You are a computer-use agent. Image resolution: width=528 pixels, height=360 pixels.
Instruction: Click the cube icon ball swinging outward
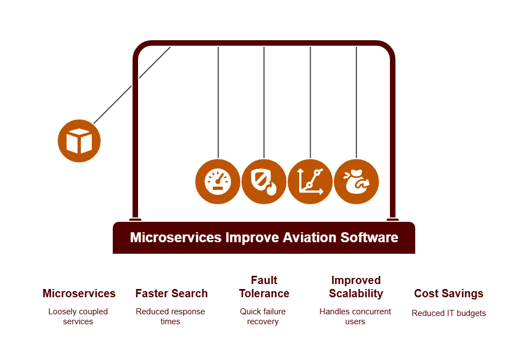point(79,141)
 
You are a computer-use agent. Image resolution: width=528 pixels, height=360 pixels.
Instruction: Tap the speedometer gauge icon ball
point(218,182)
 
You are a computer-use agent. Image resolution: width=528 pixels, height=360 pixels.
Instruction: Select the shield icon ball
point(264,182)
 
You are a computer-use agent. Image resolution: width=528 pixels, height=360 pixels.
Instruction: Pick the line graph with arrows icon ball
point(310,182)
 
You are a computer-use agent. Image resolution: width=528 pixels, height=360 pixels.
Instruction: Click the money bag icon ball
point(356,182)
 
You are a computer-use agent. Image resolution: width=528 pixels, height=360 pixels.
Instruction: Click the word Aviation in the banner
point(310,237)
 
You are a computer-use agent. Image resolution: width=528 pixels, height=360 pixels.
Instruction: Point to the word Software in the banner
point(370,237)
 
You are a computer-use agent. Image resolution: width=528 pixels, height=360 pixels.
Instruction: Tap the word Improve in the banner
point(252,238)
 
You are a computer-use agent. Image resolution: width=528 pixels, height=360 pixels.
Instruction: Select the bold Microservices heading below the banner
point(79,293)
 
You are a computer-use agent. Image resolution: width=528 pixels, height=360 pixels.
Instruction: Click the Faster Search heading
point(172,293)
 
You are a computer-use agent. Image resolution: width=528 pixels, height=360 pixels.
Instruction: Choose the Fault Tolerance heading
point(264,287)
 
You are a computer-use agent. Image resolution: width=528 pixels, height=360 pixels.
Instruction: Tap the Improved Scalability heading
point(356,287)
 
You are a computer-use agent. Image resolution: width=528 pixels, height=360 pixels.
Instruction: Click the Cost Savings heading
point(449,293)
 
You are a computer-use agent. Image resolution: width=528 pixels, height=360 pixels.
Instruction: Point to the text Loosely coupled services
point(78,316)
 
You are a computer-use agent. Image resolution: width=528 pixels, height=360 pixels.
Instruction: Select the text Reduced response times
point(170,316)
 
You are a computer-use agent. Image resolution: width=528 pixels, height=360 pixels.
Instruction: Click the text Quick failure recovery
point(263,316)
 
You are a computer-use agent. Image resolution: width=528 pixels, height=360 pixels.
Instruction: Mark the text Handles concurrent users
point(355,316)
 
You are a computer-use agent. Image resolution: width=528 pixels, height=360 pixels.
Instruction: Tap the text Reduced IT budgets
point(449,313)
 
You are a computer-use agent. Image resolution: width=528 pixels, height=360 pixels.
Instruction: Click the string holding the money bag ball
point(356,102)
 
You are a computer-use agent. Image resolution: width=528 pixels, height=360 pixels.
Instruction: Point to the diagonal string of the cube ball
point(133,85)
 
